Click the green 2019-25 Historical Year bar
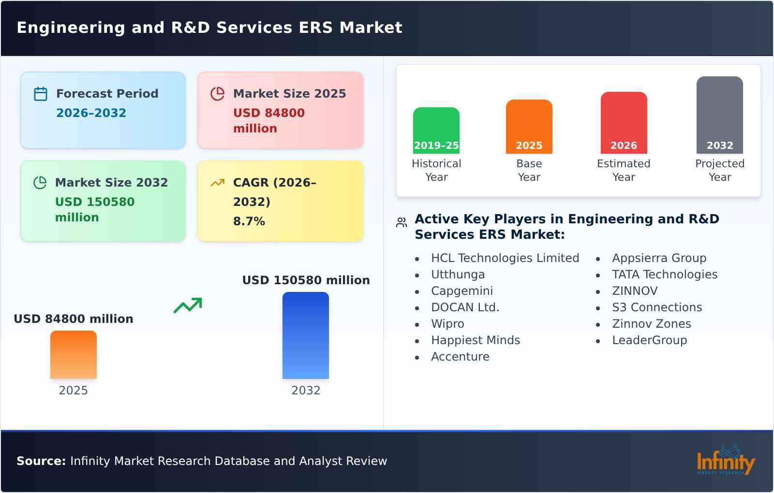(436, 130)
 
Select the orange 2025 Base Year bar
(529, 126)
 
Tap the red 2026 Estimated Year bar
(624, 122)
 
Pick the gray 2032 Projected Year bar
(719, 114)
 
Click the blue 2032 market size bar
(305, 335)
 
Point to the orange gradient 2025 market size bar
(74, 355)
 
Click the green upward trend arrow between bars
(188, 305)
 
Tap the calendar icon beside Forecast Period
(41, 94)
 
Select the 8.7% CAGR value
(249, 221)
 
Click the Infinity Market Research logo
(725, 460)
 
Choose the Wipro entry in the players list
(447, 324)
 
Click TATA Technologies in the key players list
(664, 275)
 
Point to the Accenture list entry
(460, 357)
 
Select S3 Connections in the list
(656, 307)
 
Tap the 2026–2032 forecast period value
(91, 113)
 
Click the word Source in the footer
(41, 461)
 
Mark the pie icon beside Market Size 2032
(40, 183)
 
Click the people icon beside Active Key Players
(402, 222)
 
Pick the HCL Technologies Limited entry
(505, 258)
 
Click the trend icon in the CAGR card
(217, 183)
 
